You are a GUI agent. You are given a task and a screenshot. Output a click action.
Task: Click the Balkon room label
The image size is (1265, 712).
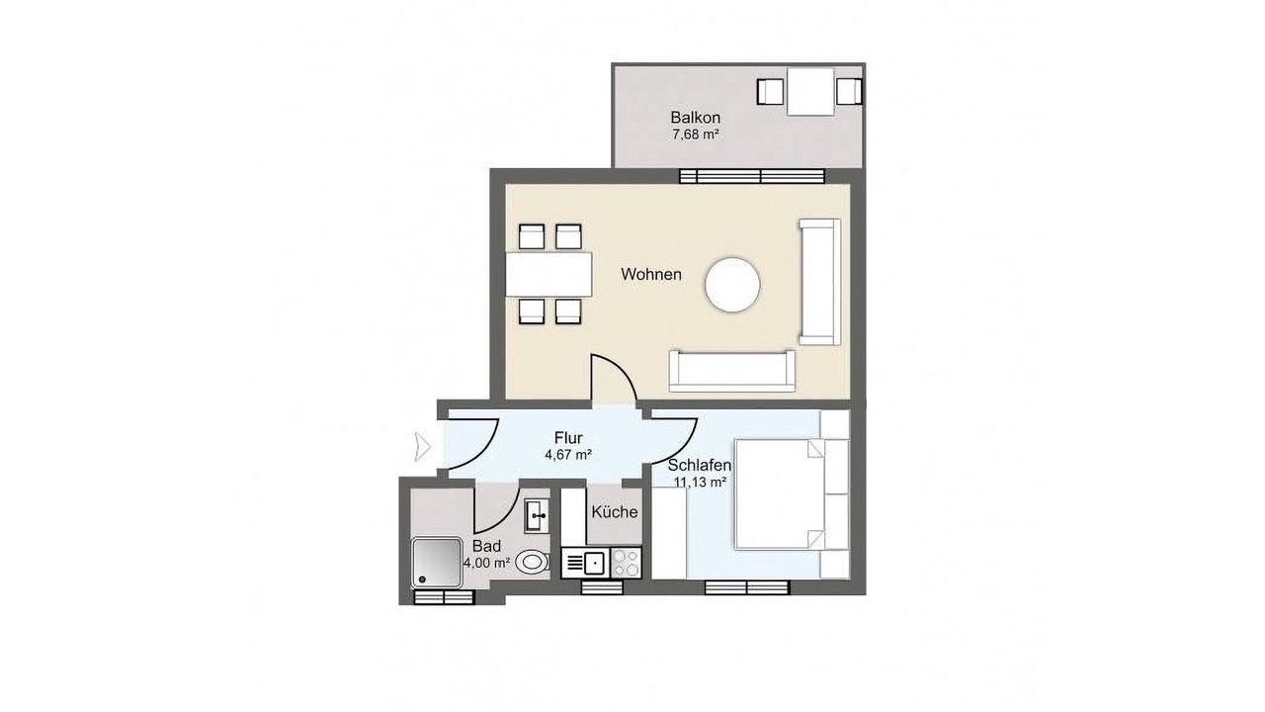(695, 118)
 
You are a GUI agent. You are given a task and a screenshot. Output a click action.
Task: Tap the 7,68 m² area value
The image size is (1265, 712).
(695, 134)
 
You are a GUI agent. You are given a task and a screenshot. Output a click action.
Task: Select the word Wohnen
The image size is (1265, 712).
(651, 275)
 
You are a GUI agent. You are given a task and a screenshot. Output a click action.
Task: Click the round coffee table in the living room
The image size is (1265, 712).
(732, 284)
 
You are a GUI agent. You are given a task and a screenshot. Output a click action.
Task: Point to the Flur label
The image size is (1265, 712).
(568, 438)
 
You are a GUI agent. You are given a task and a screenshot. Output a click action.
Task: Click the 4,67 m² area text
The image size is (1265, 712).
(568, 454)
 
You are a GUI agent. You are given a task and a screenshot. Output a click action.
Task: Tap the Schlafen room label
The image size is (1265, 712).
(700, 466)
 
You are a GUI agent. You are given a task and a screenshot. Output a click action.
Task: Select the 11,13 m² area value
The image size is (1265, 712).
(700, 482)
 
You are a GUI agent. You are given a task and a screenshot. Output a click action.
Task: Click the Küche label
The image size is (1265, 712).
(615, 512)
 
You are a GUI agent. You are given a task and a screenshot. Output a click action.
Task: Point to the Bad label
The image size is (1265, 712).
(487, 547)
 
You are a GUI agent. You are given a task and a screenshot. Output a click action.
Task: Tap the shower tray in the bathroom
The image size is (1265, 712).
(437, 563)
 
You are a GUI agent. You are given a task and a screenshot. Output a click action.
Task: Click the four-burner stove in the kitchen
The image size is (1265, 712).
(626, 563)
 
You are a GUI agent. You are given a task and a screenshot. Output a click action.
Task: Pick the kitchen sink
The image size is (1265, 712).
(594, 563)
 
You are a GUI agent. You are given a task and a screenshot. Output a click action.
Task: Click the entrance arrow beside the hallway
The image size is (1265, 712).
(423, 446)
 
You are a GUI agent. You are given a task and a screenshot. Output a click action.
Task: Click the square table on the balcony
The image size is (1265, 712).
(810, 92)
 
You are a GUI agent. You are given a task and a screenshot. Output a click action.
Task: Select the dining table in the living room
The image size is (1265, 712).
(548, 275)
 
